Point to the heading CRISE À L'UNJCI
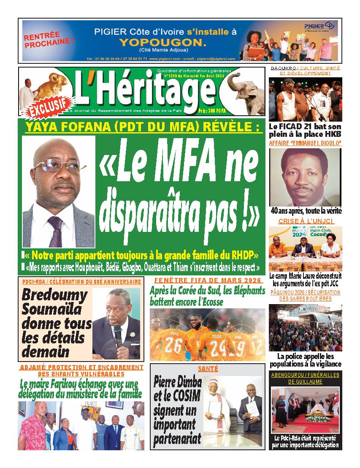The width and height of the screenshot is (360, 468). point(306,221)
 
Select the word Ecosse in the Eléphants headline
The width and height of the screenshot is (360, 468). point(208,302)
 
